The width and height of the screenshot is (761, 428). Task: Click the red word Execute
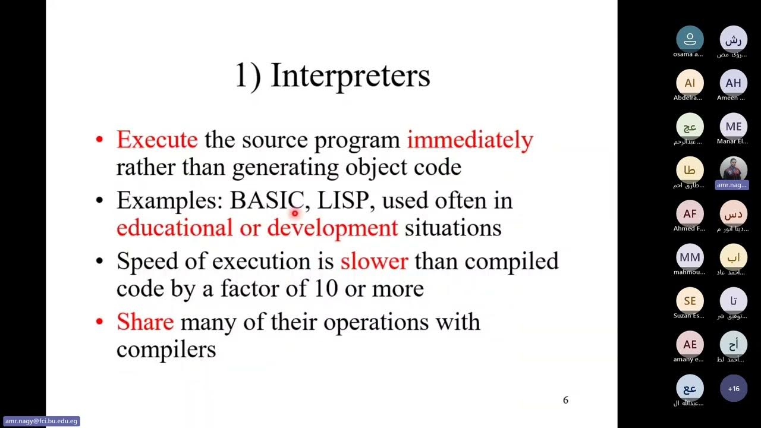pyautogui.click(x=157, y=140)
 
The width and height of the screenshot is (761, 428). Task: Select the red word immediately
pyautogui.click(x=470, y=140)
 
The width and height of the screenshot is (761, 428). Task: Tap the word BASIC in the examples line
pyautogui.click(x=267, y=200)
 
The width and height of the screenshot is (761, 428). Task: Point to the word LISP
pyautogui.click(x=343, y=200)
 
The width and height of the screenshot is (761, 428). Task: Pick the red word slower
pyautogui.click(x=374, y=261)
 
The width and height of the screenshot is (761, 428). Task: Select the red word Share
pyautogui.click(x=145, y=322)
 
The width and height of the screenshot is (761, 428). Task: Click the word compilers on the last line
pyautogui.click(x=166, y=349)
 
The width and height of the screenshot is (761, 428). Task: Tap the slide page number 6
pyautogui.click(x=565, y=400)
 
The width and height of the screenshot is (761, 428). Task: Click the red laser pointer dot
pyautogui.click(x=294, y=212)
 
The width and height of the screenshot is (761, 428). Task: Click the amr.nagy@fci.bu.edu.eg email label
pyautogui.click(x=41, y=421)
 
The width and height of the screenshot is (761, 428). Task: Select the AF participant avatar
pyautogui.click(x=690, y=213)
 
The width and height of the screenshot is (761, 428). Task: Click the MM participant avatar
pyautogui.click(x=690, y=257)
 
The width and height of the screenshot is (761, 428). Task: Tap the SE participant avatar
pyautogui.click(x=690, y=301)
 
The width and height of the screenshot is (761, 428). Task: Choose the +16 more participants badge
pyautogui.click(x=734, y=389)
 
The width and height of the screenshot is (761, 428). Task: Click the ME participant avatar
pyautogui.click(x=734, y=126)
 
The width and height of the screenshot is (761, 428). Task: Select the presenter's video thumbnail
pyautogui.click(x=734, y=169)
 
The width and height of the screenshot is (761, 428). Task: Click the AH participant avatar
pyautogui.click(x=734, y=83)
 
